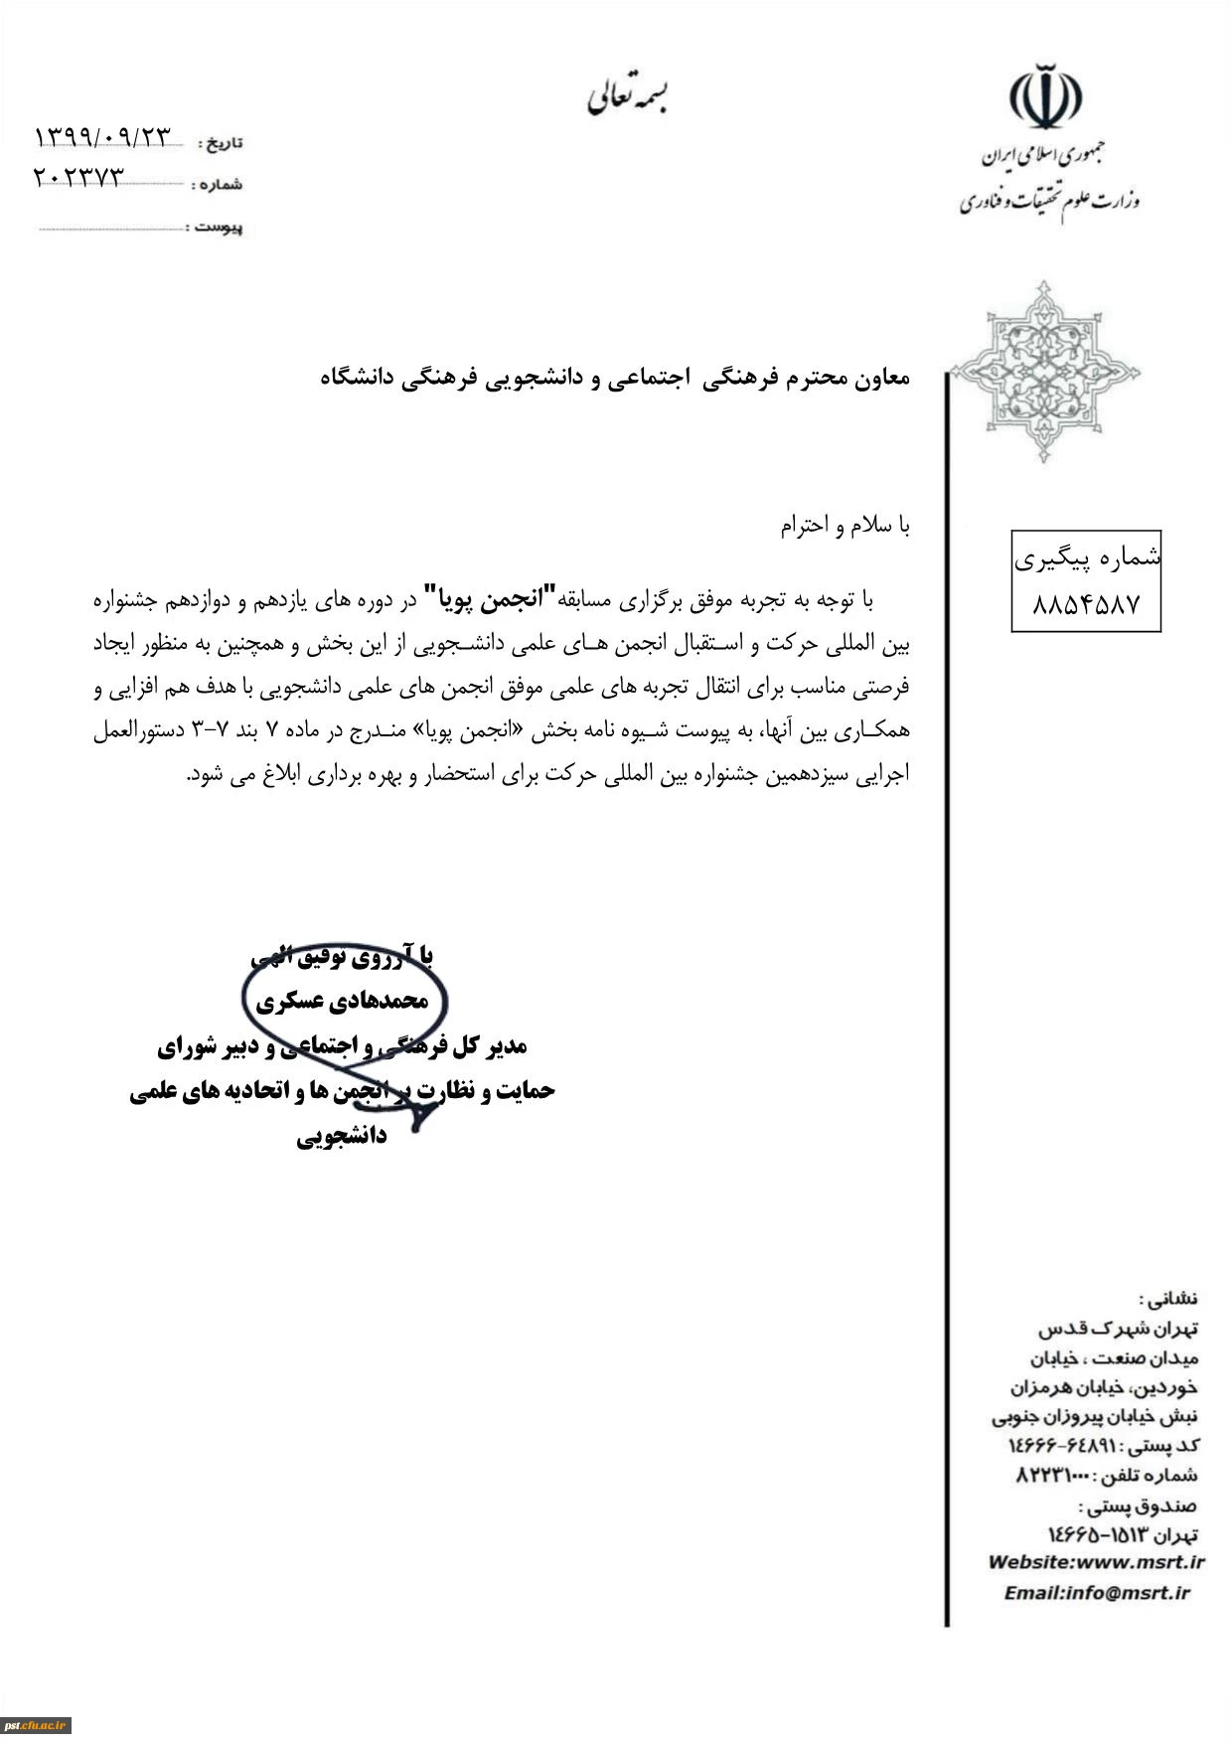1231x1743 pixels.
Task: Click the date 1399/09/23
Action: point(103,138)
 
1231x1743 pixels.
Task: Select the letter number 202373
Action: point(79,178)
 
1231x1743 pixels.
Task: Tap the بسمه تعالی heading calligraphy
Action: point(627,96)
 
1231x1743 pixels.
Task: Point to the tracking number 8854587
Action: point(1085,604)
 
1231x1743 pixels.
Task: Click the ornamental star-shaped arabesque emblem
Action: point(1044,372)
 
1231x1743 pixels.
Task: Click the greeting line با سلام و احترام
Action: point(845,526)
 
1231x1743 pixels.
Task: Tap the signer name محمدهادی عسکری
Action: point(342,1002)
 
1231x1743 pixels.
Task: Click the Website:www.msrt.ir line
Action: point(1096,1562)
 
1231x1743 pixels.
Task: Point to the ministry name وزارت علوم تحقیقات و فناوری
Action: point(1049,201)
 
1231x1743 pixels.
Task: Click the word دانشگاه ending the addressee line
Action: point(358,378)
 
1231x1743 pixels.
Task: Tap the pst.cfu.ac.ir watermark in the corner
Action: point(36,1724)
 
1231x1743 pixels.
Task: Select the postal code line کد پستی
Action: point(1103,1445)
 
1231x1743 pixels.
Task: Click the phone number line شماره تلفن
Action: point(1106,1475)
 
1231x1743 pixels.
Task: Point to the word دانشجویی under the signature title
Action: point(342,1136)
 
